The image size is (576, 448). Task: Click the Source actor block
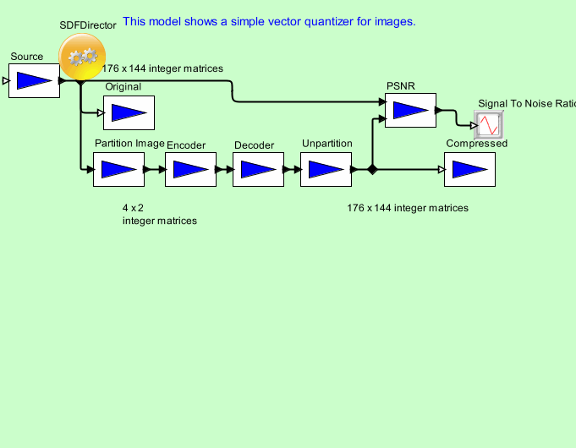click(34, 80)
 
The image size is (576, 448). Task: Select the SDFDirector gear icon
click(82, 57)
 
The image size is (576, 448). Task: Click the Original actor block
click(129, 112)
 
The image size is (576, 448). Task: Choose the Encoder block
click(190, 169)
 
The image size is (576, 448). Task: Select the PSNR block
click(410, 110)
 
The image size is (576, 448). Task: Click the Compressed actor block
click(469, 169)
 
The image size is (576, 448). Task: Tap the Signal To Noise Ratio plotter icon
click(488, 125)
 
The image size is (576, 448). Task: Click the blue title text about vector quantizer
click(269, 21)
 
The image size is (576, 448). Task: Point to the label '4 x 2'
click(133, 207)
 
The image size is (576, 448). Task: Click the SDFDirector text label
click(88, 25)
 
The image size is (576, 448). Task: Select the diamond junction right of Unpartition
click(371, 169)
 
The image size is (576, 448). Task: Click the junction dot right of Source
click(80, 82)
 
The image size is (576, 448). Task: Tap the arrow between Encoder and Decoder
click(224, 169)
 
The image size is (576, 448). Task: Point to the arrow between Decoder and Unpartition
click(292, 169)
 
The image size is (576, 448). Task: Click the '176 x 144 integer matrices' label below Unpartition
click(408, 207)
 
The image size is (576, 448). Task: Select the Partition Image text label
click(129, 144)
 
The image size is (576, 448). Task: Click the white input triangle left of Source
click(5, 81)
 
